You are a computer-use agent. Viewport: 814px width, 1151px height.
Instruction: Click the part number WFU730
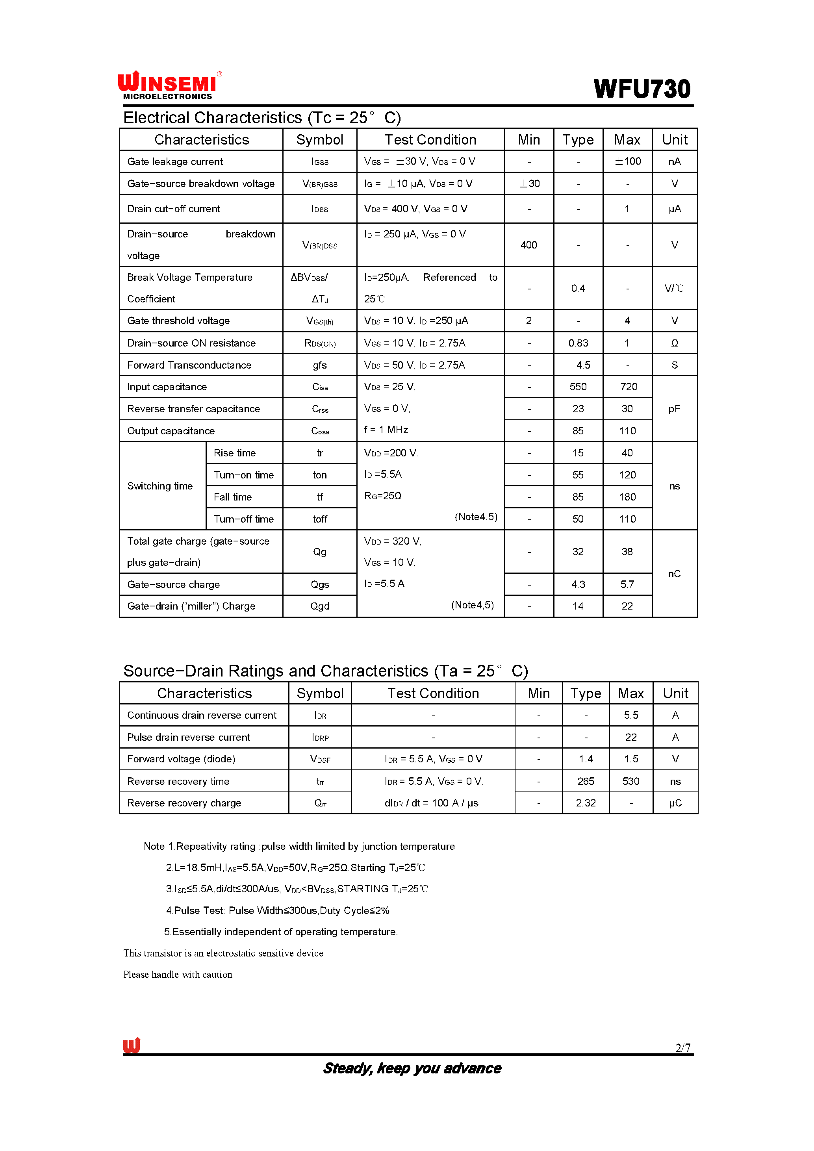click(x=642, y=89)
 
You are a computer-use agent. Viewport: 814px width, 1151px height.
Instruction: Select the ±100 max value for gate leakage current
click(x=628, y=161)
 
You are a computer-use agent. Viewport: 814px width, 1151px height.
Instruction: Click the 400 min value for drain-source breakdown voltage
click(x=528, y=245)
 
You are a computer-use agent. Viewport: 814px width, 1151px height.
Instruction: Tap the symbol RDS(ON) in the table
click(x=320, y=343)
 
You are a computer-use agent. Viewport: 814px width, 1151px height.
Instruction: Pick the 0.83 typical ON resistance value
click(x=578, y=343)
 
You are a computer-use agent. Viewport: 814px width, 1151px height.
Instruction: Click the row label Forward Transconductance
click(x=189, y=365)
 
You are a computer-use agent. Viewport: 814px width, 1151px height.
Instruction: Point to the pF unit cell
click(x=674, y=409)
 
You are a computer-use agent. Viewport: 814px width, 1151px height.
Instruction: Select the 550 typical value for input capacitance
click(x=578, y=387)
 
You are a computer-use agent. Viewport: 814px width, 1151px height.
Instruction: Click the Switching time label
click(x=160, y=486)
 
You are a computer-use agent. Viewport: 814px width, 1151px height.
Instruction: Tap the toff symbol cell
click(x=320, y=519)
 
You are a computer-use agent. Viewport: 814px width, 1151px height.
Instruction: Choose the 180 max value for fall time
click(x=627, y=497)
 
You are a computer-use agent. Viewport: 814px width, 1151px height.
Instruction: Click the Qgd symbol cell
click(x=320, y=606)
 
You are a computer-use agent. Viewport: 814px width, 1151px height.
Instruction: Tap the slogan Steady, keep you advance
click(x=412, y=1068)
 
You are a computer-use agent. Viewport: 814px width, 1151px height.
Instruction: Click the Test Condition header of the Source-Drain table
click(x=433, y=694)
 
